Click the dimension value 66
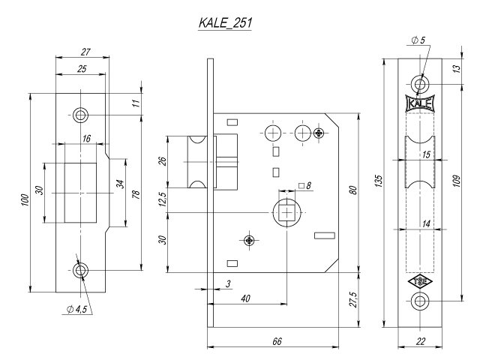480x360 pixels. pyautogui.click(x=276, y=341)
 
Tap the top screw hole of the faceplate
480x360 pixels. pyautogui.click(x=419, y=81)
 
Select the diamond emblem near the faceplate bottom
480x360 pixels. pyautogui.click(x=419, y=283)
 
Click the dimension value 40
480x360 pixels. pyautogui.click(x=244, y=298)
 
